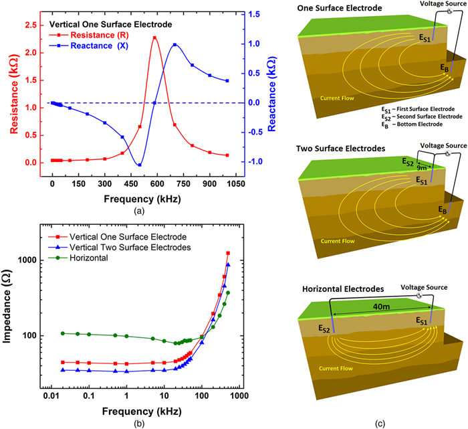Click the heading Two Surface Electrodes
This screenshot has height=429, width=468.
click(339, 150)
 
